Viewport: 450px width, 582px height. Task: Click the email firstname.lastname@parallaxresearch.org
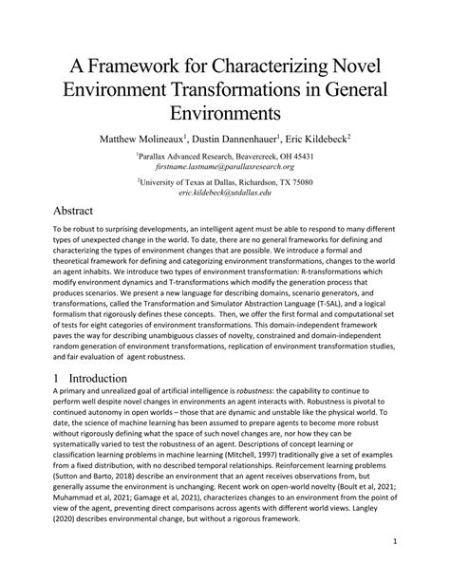click(224, 167)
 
